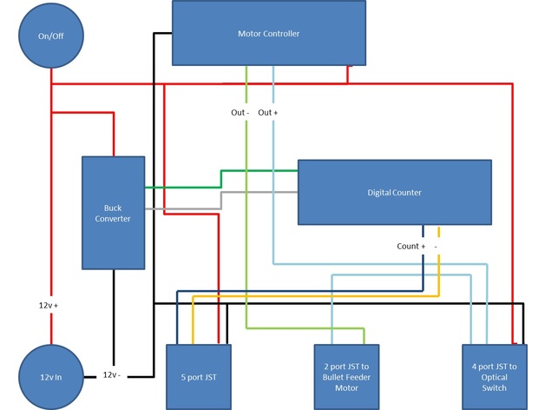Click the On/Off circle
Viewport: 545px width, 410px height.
point(50,38)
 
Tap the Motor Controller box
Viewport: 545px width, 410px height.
point(268,33)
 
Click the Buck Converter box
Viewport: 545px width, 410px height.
point(113,213)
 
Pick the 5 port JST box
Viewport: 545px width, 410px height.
point(198,377)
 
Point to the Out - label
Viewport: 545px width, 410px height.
point(240,113)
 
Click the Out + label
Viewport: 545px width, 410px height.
point(268,113)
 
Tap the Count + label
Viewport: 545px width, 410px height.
point(411,247)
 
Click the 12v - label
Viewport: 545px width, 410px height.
point(110,375)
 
